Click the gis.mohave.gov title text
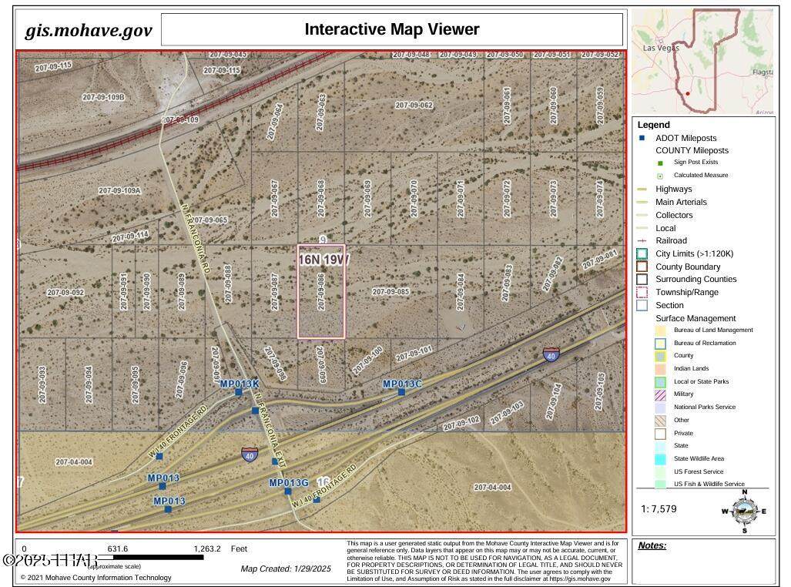point(89,31)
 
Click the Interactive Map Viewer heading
point(391,29)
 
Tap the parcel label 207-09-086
point(320,292)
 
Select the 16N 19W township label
point(323,260)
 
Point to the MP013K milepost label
point(240,384)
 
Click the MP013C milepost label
point(402,384)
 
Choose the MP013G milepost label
point(288,483)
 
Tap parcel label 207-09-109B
point(103,97)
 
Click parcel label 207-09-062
point(414,105)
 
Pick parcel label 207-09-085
point(390,292)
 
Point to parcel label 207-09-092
point(65,293)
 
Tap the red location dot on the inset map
point(687,94)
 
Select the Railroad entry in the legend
point(671,240)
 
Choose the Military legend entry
point(683,394)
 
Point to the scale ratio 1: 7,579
point(659,508)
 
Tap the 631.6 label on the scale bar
point(117,549)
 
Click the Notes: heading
point(652,545)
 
